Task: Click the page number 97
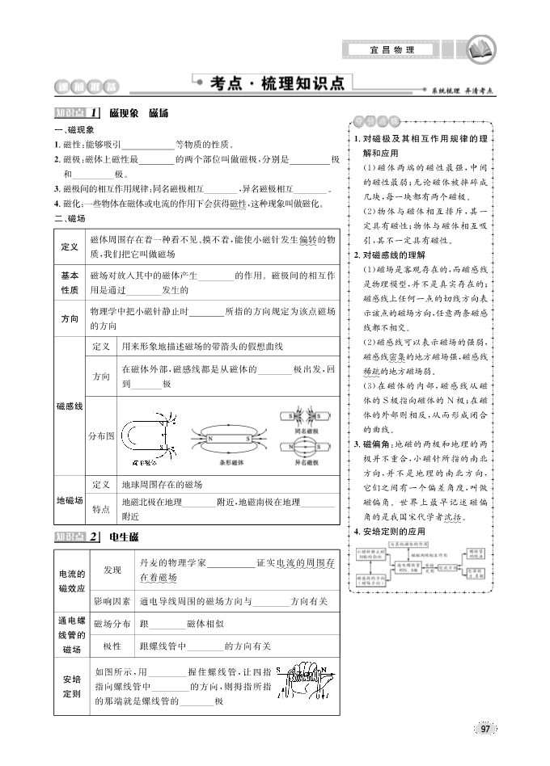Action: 484,729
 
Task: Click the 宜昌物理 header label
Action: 392,50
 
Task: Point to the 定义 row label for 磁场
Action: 70,246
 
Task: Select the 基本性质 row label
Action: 70,283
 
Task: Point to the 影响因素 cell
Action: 112,601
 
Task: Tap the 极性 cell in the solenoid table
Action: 112,646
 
